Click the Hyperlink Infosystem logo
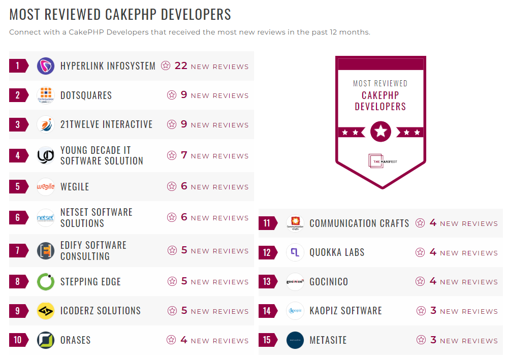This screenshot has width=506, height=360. (x=46, y=66)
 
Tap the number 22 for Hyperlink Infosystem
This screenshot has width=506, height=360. (x=181, y=66)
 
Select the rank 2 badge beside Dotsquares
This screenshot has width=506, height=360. (x=18, y=95)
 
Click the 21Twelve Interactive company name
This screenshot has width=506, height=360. (x=106, y=124)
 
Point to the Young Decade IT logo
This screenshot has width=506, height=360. (x=46, y=155)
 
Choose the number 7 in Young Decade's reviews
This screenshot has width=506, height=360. (x=184, y=155)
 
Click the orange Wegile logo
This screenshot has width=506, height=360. (x=46, y=187)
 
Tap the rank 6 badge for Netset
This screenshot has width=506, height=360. (x=18, y=218)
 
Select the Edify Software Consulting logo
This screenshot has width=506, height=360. (x=46, y=251)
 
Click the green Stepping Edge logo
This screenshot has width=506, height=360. (x=46, y=282)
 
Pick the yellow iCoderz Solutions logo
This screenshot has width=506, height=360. (x=46, y=311)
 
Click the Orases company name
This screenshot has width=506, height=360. (x=75, y=340)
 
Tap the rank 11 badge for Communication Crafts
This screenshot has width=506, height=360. (x=267, y=223)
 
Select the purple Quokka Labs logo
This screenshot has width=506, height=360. (x=295, y=252)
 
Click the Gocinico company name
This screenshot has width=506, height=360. (x=329, y=282)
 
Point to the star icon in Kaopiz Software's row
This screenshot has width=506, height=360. (x=421, y=311)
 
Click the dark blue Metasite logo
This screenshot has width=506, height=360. (x=295, y=340)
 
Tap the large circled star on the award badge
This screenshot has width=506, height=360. (x=381, y=132)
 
